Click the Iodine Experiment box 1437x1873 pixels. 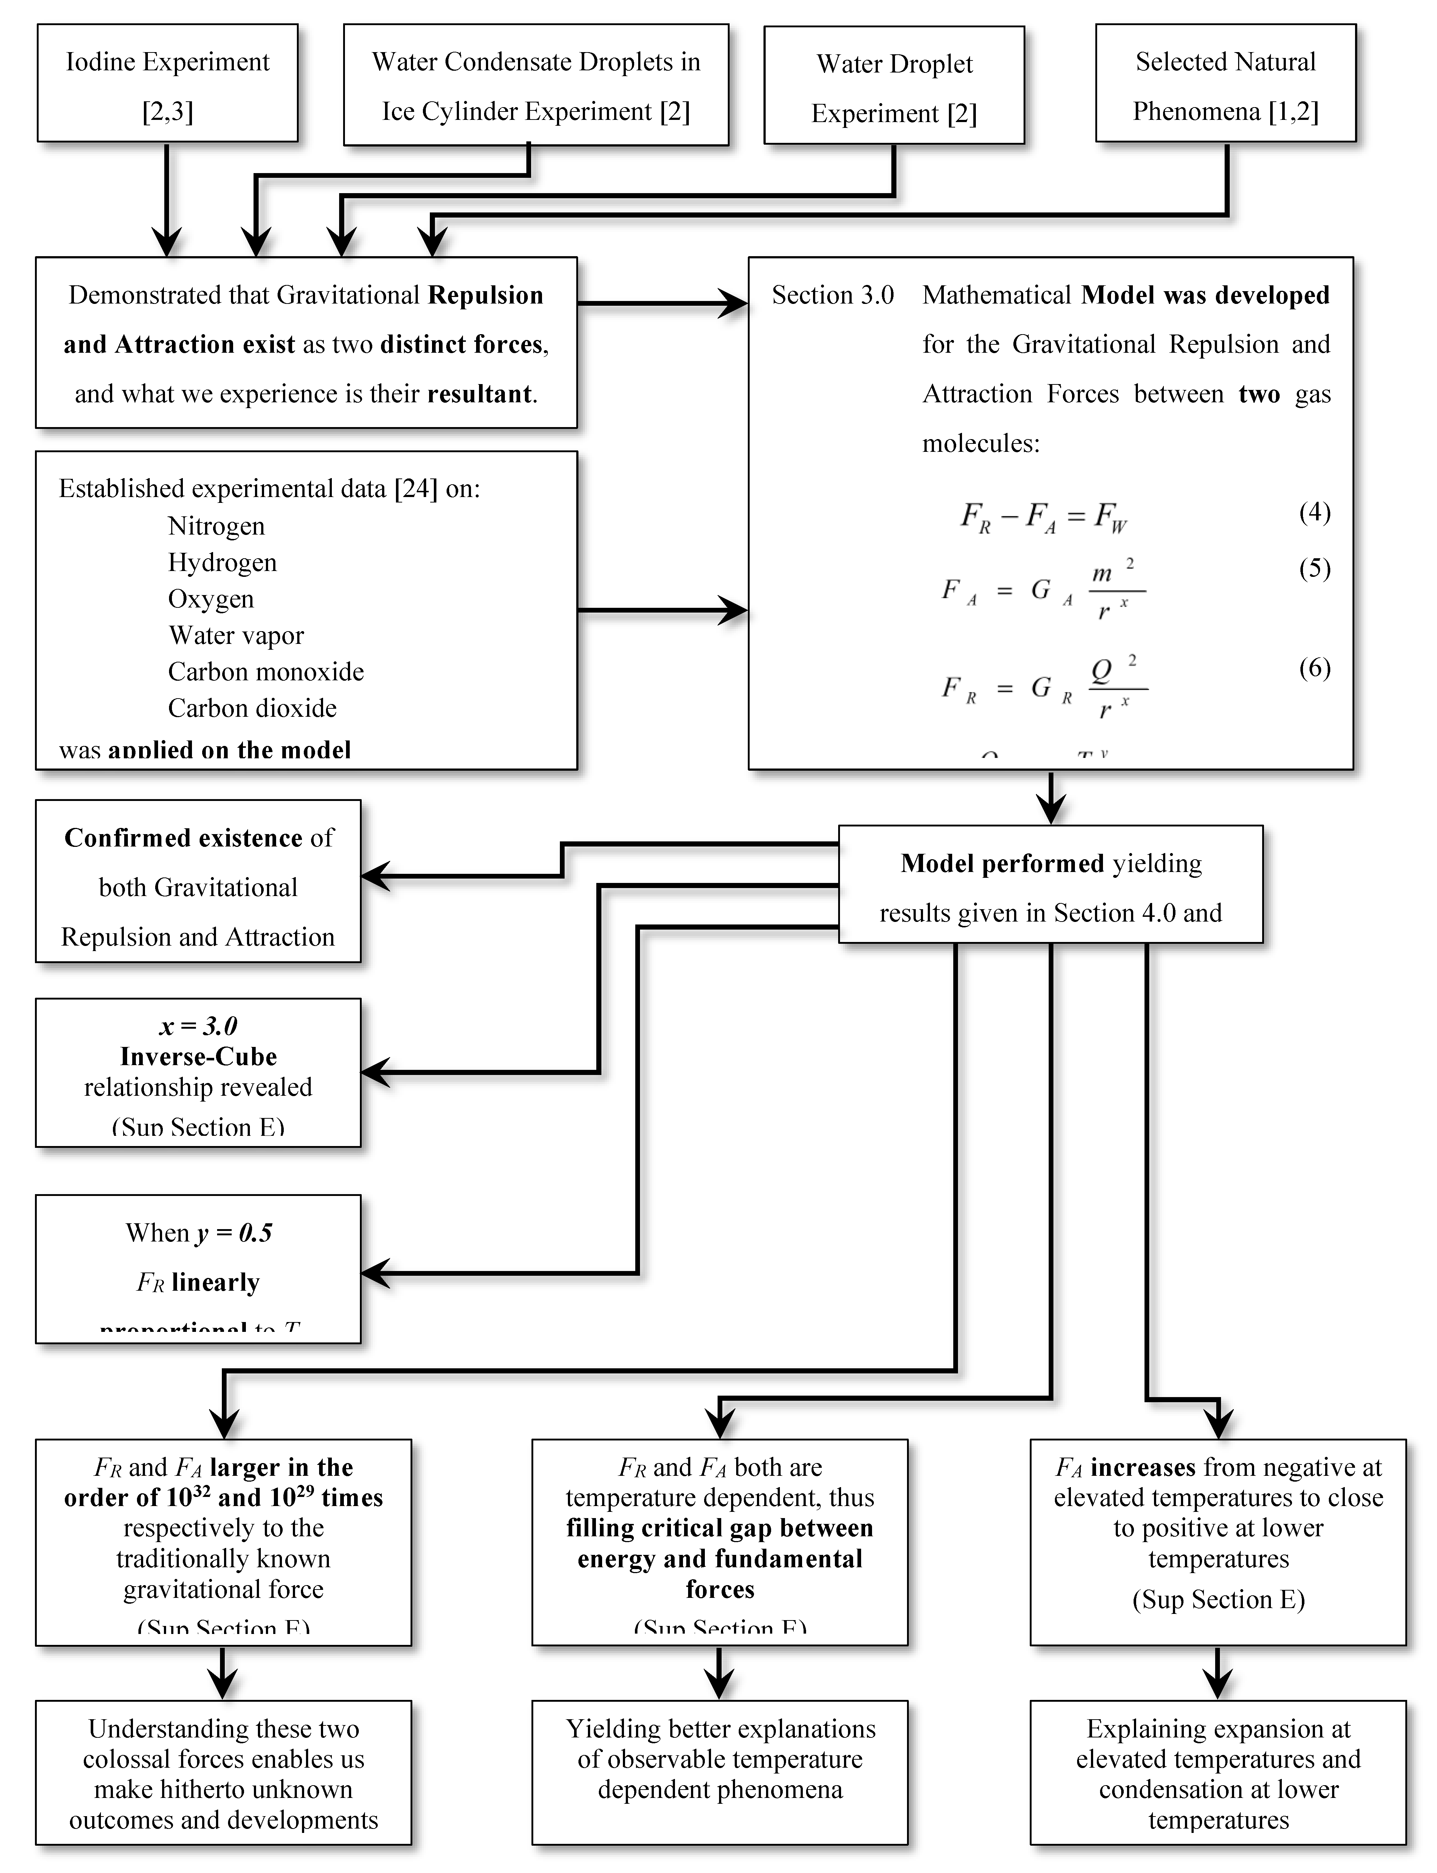point(168,84)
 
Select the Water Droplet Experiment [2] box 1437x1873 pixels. point(894,86)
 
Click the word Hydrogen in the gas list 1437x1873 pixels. point(223,562)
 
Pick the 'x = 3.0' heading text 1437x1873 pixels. point(199,1025)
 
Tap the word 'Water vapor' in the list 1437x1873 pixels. point(236,635)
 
